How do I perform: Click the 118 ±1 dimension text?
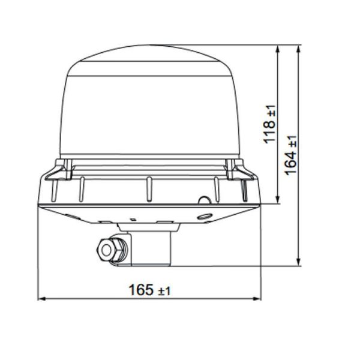tap(271, 124)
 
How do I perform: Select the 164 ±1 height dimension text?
tap(292, 155)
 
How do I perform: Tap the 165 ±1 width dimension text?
tap(149, 290)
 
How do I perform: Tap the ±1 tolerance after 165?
tap(164, 291)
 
